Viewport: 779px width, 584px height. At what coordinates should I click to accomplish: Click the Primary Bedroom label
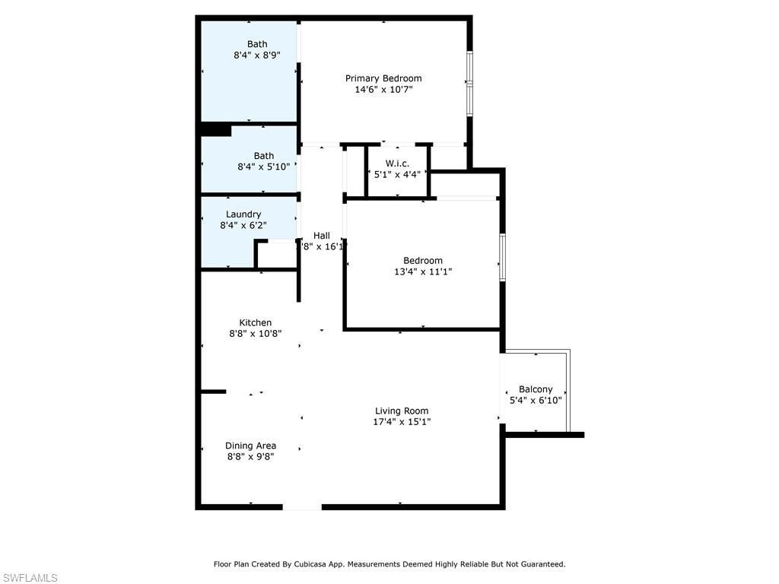(x=383, y=78)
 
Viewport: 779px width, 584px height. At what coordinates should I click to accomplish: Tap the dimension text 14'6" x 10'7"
(x=383, y=90)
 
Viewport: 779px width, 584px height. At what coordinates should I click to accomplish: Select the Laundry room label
(x=243, y=214)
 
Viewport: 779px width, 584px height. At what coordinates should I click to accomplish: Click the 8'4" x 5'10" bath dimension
(x=263, y=167)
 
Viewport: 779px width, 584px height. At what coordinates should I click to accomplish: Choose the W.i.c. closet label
(x=397, y=163)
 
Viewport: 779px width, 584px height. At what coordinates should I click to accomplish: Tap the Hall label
(x=321, y=235)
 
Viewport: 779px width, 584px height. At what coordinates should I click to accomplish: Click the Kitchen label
(x=255, y=322)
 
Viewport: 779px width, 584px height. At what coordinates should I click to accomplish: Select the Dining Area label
(x=250, y=446)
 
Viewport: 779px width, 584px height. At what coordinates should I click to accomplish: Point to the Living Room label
(x=402, y=411)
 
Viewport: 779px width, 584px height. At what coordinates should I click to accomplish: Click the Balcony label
(x=536, y=389)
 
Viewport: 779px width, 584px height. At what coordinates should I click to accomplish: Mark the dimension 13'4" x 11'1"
(x=423, y=271)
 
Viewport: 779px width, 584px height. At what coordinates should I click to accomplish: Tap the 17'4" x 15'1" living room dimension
(x=402, y=422)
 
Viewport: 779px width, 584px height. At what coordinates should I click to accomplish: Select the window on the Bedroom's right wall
(x=502, y=259)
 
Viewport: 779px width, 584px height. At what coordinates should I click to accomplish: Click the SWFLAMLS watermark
(x=30, y=578)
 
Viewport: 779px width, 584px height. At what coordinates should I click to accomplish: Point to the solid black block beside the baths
(x=215, y=130)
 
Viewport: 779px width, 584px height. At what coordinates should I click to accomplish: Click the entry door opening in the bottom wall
(x=302, y=506)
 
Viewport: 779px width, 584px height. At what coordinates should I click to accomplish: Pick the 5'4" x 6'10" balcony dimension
(x=536, y=401)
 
